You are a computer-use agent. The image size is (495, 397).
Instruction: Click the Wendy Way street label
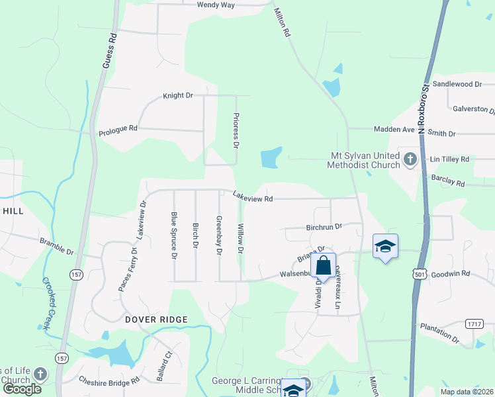216,5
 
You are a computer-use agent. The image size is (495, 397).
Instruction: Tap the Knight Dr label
177,96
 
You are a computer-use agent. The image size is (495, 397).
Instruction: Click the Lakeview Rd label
252,197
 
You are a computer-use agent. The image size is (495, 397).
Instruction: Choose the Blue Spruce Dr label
174,235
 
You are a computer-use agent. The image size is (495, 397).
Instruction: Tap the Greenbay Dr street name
219,236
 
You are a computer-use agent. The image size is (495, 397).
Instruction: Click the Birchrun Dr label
324,226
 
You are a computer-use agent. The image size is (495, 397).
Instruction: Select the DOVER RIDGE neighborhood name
156,320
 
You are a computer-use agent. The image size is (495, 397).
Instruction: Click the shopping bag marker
323,267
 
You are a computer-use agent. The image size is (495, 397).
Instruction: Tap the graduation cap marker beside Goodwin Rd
385,247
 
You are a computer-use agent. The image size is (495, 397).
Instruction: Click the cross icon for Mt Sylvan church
410,159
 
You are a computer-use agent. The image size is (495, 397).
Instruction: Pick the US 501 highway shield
418,274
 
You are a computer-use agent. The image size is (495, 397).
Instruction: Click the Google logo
22,389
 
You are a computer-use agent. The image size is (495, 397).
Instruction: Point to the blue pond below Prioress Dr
270,157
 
